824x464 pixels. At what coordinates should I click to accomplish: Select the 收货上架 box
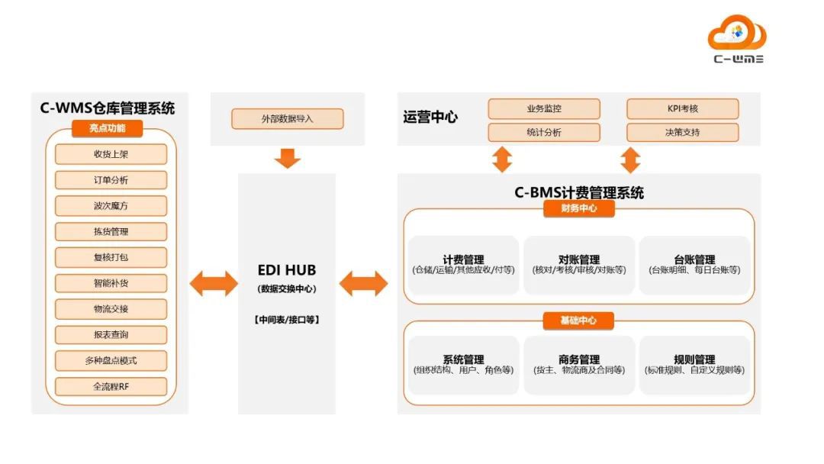point(111,154)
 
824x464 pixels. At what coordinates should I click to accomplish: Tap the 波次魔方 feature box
point(111,206)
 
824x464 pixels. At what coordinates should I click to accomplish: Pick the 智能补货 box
point(111,284)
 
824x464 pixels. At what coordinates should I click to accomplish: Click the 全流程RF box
point(111,386)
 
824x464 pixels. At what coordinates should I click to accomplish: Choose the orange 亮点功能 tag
point(108,128)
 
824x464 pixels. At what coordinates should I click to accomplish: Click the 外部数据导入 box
point(288,119)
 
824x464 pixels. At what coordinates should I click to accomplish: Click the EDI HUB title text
point(287,270)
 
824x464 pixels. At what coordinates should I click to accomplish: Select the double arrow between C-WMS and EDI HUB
point(214,284)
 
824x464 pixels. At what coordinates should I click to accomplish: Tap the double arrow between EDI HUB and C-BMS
point(363,284)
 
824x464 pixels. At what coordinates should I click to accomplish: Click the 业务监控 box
point(544,108)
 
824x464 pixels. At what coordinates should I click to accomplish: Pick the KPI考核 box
point(683,108)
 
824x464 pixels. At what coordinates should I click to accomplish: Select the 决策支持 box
point(683,132)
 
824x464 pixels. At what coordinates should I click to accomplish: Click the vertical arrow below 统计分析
point(502,159)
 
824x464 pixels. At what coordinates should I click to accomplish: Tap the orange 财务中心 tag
point(579,208)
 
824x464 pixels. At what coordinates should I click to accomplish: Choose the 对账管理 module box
point(579,265)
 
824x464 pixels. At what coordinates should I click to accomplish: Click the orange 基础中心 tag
point(579,321)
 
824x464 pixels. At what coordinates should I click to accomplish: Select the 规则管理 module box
point(694,365)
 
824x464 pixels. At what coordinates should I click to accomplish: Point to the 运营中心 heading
point(430,118)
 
